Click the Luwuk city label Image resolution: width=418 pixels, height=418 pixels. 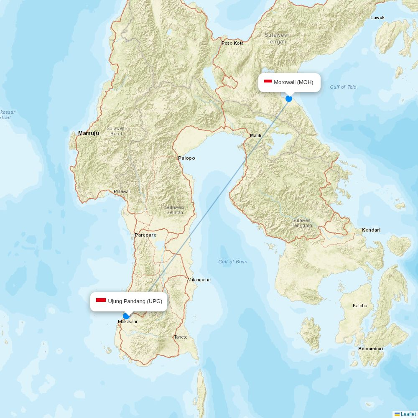(377, 18)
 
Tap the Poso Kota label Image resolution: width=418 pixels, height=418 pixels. (232, 43)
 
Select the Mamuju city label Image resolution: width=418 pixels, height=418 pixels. (89, 133)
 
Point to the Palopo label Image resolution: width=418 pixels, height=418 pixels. (186, 158)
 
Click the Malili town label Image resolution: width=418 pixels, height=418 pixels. (255, 135)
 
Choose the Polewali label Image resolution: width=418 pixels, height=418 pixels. (122, 191)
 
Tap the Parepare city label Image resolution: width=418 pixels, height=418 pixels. (145, 235)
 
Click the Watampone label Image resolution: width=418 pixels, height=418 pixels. (199, 280)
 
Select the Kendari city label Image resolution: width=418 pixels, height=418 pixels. (371, 230)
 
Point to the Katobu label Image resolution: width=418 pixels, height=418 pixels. (360, 306)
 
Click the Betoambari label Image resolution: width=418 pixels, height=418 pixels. (370, 349)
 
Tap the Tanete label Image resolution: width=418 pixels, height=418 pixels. (181, 337)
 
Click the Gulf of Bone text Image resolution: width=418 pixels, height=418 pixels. (232, 262)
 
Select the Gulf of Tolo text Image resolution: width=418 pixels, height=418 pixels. (343, 87)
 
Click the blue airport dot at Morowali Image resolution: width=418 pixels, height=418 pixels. (289, 99)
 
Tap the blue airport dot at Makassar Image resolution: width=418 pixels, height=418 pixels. (126, 316)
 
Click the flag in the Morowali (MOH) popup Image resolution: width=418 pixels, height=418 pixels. (268, 82)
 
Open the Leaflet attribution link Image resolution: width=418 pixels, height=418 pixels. (408, 414)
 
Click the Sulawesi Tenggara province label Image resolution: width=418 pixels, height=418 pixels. (302, 223)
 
